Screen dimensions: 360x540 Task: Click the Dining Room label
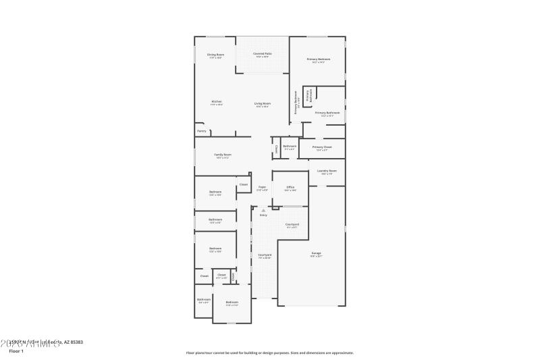click(x=216, y=54)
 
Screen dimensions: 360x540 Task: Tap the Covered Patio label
click(x=263, y=53)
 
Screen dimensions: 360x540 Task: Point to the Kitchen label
click(x=216, y=101)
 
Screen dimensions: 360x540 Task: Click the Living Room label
click(x=262, y=103)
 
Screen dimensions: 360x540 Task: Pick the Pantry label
click(x=202, y=131)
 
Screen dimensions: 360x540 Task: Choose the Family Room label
click(x=223, y=155)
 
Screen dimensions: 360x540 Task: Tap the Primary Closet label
click(x=322, y=147)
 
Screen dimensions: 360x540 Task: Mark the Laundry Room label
click(x=327, y=171)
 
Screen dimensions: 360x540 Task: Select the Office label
click(x=290, y=187)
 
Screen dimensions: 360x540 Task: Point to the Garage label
click(x=316, y=253)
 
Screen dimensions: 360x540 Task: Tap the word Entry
click(x=263, y=215)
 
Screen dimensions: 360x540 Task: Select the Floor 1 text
click(x=16, y=351)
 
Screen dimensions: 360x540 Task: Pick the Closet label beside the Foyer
click(x=244, y=184)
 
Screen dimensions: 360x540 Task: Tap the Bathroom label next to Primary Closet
click(x=290, y=146)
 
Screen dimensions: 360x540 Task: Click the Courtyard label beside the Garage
click(x=292, y=224)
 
